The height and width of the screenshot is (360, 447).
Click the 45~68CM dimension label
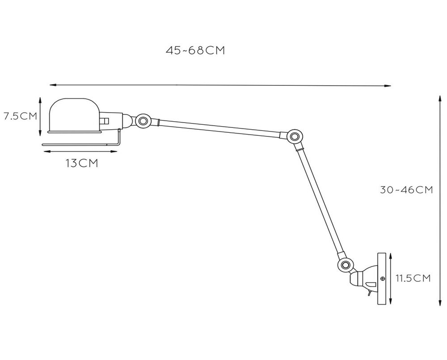(x=195, y=50)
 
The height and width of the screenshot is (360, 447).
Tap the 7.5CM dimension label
(x=20, y=116)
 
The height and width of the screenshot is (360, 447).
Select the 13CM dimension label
(x=82, y=163)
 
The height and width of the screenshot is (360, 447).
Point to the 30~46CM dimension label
(x=406, y=190)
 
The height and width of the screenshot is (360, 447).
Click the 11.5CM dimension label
(x=413, y=278)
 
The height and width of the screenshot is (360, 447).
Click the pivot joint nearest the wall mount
(x=344, y=265)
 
